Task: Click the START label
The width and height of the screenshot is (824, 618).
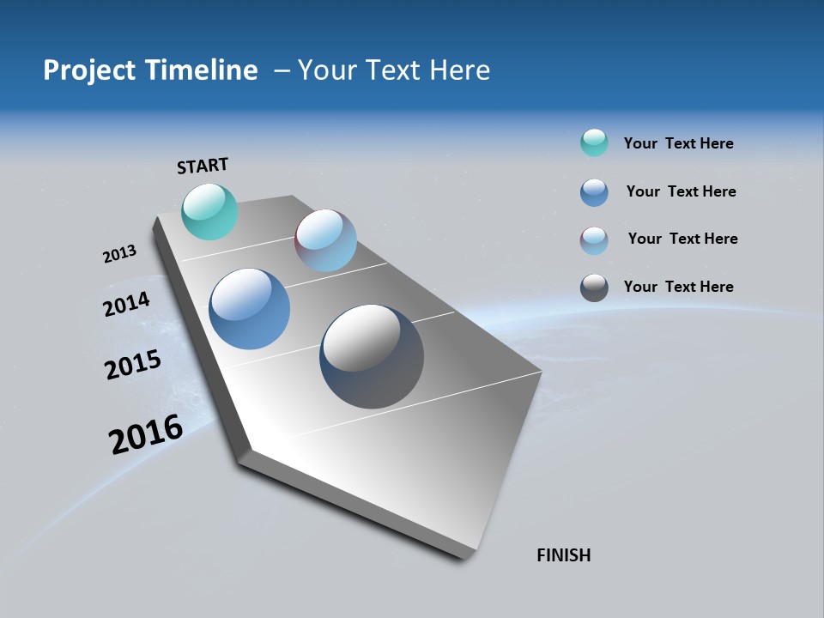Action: (203, 166)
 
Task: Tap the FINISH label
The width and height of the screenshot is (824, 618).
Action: (563, 555)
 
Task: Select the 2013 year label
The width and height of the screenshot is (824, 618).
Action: (119, 254)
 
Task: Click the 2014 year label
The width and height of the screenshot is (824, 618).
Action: (126, 304)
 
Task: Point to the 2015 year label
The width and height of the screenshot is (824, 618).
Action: (132, 365)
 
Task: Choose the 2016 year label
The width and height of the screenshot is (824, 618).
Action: (146, 433)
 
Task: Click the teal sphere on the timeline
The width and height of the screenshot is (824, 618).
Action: (209, 211)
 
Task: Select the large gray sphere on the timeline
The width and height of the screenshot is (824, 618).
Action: (372, 355)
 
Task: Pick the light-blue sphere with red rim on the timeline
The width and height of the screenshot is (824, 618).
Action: (325, 240)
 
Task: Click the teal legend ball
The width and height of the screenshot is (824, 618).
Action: (594, 142)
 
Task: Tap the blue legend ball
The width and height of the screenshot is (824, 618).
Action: (594, 192)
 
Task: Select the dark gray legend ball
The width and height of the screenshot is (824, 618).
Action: (594, 288)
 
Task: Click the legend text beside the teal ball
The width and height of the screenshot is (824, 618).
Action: (678, 143)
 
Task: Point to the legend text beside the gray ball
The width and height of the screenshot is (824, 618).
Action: (678, 287)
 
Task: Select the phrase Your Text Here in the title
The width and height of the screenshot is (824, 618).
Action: (394, 70)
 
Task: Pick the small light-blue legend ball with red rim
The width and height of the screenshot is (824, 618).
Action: (594, 240)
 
